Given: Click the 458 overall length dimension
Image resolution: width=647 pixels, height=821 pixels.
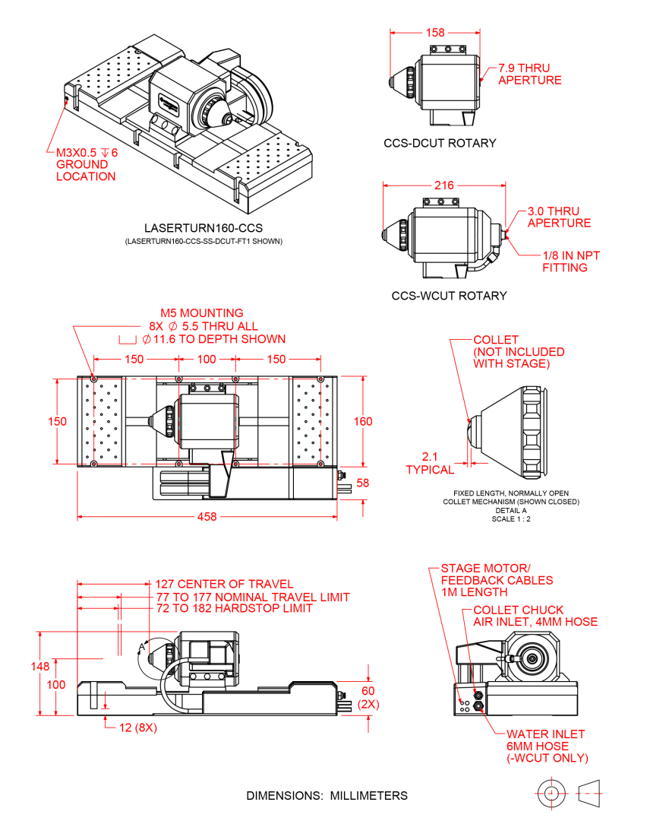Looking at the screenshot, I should [x=207, y=517].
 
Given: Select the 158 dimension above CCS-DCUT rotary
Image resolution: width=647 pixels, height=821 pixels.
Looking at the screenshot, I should [x=435, y=33].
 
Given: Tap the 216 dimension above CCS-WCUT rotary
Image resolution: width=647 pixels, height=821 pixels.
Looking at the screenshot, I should [x=444, y=185].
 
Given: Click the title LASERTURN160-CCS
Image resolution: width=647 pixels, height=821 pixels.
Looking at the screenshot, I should [x=204, y=228].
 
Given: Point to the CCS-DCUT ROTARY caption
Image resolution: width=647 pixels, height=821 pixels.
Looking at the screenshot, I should [x=440, y=143].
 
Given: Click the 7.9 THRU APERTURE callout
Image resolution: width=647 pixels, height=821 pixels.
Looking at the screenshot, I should [x=529, y=74].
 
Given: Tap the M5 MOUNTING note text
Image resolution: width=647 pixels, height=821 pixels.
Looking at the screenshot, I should [x=201, y=312].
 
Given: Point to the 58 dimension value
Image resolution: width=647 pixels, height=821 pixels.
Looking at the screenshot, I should [x=363, y=483].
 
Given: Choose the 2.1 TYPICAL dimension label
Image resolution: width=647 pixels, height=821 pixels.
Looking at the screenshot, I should [x=429, y=463].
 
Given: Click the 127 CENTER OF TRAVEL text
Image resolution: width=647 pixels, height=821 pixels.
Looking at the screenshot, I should [x=224, y=585].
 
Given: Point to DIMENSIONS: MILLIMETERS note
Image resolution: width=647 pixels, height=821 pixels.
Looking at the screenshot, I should [x=327, y=796].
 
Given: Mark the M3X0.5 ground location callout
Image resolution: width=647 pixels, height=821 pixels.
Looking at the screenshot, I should [x=86, y=164].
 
